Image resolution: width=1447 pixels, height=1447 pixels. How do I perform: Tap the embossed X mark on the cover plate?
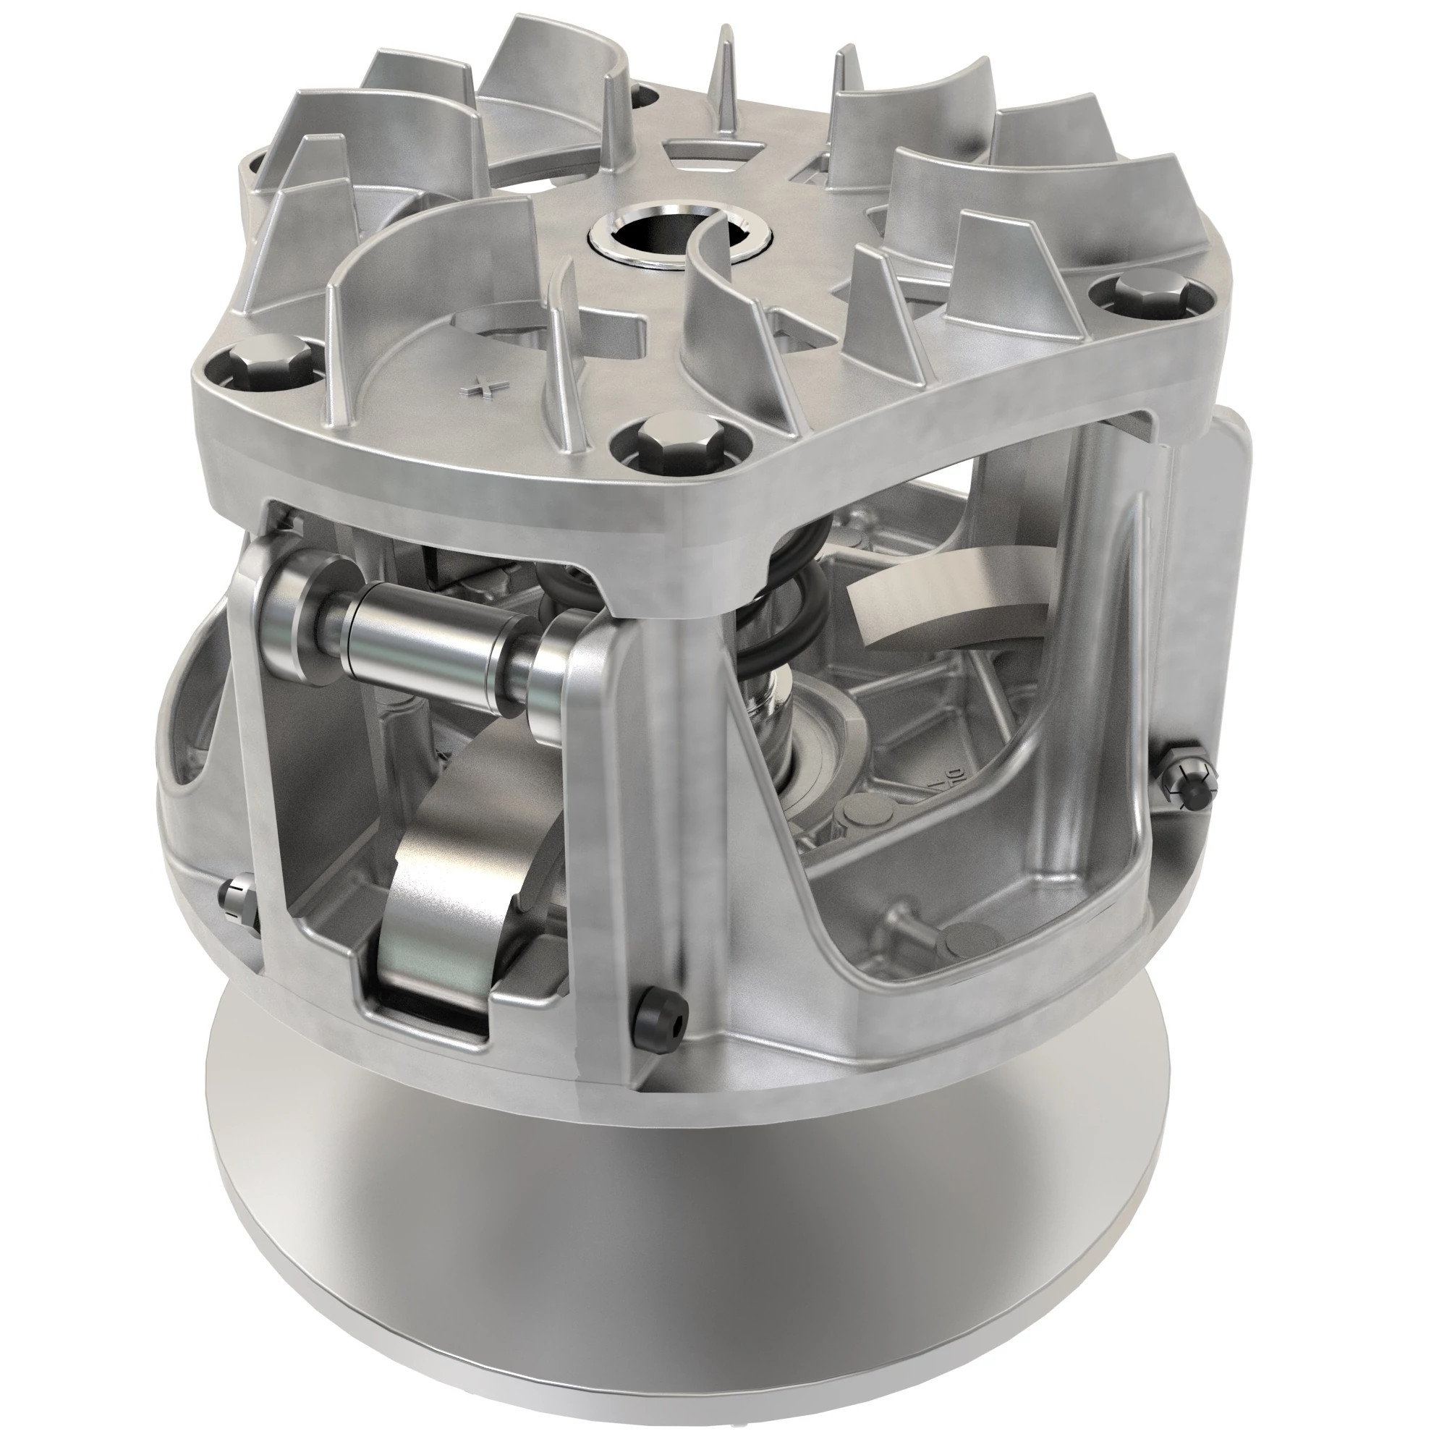481,387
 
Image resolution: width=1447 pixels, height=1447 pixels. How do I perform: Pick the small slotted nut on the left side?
238,899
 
